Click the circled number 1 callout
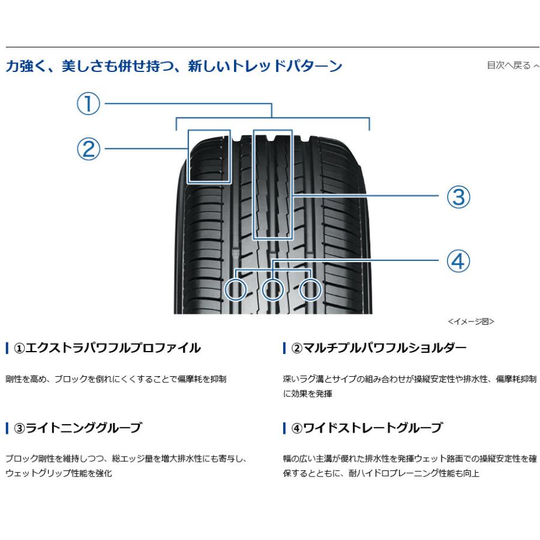pos(88,104)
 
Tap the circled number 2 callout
pos(88,149)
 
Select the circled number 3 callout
pos(458,197)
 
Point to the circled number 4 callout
pos(458,261)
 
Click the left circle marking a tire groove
pos(236,289)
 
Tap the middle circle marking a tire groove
pos(273,289)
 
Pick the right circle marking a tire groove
pos(310,289)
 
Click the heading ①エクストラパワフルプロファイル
pos(107,348)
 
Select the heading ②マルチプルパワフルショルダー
pos(379,348)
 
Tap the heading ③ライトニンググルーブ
pos(77,428)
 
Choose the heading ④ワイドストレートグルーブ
pos(367,428)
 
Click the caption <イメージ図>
pos(471,322)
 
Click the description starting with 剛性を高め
pos(116,379)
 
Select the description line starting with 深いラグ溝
pos(410,379)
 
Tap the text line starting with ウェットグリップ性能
pos(59,473)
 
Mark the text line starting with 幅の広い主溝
pos(410,459)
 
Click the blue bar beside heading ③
pos(7,428)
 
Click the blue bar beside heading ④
pos(284,428)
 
